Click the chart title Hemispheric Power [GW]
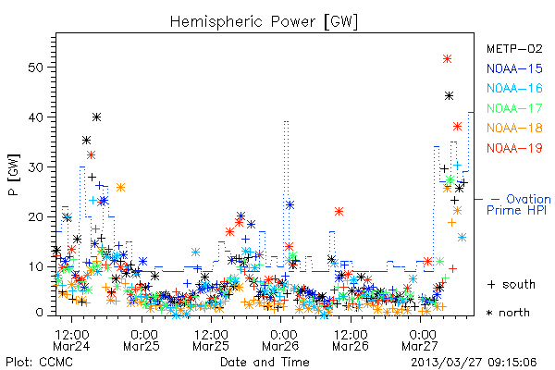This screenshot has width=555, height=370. [264, 22]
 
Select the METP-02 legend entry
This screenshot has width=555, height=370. [514, 48]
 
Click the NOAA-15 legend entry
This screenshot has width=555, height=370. [514, 68]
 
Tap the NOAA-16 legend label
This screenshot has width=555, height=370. [514, 88]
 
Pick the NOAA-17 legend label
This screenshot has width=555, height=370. [514, 108]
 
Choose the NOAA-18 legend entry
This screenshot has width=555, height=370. [514, 128]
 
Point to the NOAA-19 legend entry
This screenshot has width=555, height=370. [514, 148]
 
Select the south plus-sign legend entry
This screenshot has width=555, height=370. [512, 284]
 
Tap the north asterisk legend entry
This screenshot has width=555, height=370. [508, 313]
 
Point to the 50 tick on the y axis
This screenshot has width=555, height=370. [35, 68]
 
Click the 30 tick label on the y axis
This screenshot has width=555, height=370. [35, 167]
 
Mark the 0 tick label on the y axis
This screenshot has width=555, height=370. [39, 313]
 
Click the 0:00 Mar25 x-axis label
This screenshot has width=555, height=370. [141, 340]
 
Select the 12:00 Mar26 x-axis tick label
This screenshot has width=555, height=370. [351, 340]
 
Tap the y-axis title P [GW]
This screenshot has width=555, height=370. [14, 175]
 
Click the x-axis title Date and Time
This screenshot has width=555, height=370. [265, 363]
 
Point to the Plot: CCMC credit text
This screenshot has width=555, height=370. [39, 363]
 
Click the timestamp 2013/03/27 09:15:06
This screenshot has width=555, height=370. [474, 363]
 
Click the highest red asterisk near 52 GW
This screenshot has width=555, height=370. [447, 59]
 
